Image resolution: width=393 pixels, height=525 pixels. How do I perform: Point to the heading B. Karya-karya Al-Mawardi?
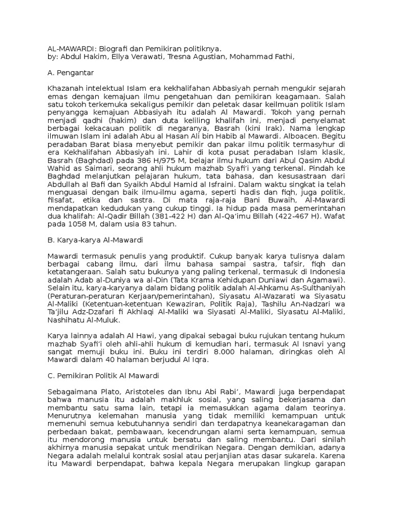[x=95, y=239]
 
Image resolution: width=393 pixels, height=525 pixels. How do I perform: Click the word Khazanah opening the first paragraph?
[x=64, y=90]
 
